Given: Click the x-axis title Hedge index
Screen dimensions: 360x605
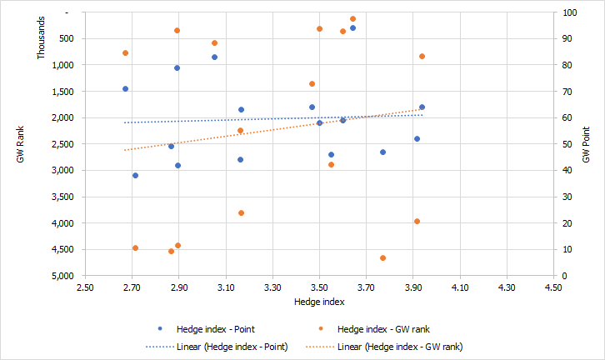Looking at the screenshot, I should pyautogui.click(x=320, y=300).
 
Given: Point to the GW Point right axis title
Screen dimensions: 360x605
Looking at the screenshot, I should pyautogui.click(x=587, y=144).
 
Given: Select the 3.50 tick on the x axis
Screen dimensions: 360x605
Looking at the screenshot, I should pyautogui.click(x=319, y=287).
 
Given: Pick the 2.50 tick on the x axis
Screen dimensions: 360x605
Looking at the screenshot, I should pyautogui.click(x=85, y=287).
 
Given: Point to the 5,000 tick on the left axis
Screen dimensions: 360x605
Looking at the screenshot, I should pyautogui.click(x=63, y=276).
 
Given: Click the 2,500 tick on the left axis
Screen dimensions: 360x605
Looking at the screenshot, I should pyautogui.click(x=63, y=144).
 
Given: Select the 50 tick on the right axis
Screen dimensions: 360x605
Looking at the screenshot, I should pyautogui.click(x=568, y=144).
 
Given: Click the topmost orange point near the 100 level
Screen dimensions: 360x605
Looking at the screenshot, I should pyautogui.click(x=352, y=18).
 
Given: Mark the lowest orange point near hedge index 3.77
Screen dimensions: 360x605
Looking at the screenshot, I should pyautogui.click(x=382, y=258).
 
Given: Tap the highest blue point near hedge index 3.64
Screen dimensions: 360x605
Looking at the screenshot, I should pyautogui.click(x=352, y=28).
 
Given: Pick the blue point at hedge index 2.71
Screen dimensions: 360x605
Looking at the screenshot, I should pyautogui.click(x=135, y=176).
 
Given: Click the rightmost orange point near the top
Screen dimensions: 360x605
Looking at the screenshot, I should pyautogui.click(x=422, y=57).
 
